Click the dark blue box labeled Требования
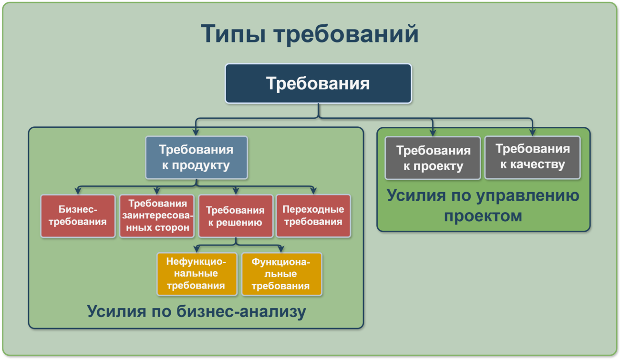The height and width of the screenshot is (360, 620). point(318,83)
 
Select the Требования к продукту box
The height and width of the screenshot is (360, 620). point(196,157)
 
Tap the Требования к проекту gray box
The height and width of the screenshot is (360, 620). point(433,158)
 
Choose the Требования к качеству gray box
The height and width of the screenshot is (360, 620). point(533,157)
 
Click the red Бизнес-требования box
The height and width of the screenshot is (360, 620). point(78,216)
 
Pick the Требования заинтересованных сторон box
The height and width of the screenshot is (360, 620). point(157,216)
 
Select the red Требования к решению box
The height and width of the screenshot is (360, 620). point(236,216)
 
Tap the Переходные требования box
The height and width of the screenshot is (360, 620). point(313,216)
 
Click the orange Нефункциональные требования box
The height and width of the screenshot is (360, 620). point(197,274)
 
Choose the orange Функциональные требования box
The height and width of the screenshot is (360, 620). point(282,274)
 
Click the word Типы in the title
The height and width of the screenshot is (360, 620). point(233,34)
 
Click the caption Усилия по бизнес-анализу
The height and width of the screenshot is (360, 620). point(196,311)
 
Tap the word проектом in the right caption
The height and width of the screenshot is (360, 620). point(483,216)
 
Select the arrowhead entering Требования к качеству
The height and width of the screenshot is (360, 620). point(533,133)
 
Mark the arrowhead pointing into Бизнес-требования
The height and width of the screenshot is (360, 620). point(78,191)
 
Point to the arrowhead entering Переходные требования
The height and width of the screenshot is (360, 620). point(313,191)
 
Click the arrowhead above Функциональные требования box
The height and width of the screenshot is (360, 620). point(281,249)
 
